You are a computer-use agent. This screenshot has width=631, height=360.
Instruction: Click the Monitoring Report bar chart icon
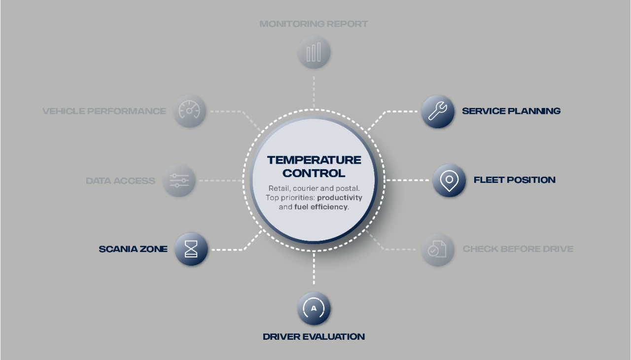coord(314,52)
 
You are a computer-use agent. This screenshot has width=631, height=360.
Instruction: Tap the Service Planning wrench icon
coord(438,111)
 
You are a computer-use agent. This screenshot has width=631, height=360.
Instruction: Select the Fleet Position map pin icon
coord(449,180)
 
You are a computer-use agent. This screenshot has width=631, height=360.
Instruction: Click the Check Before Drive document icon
coord(437,250)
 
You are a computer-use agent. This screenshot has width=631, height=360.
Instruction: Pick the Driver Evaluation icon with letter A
coord(314,309)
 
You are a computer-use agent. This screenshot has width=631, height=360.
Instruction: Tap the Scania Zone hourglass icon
coord(191,250)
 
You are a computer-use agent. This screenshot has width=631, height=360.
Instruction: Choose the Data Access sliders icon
coord(179,180)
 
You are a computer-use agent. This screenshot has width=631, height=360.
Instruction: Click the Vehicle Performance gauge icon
coord(189,111)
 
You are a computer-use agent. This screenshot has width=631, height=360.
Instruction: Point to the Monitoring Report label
coord(314,24)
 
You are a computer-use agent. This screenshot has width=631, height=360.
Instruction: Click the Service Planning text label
coord(511,111)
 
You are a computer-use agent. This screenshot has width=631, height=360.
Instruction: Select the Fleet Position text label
coord(514,180)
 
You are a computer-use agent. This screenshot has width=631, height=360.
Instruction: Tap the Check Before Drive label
coord(518,249)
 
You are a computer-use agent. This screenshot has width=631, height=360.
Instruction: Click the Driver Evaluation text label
coord(314,337)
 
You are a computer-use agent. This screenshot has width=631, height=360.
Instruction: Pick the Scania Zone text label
coord(133,249)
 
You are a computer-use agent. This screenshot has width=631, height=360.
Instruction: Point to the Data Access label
coord(120,180)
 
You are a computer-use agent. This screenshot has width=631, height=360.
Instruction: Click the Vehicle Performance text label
coord(104,111)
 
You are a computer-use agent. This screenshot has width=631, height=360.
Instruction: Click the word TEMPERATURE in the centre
coord(314,160)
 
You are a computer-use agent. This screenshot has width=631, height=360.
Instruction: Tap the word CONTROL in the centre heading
coord(314,173)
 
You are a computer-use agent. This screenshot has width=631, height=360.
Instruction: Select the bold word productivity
coord(340,197)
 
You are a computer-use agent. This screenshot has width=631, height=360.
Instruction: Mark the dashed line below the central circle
coord(314,269)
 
